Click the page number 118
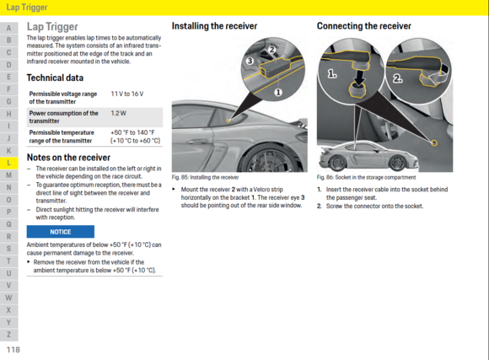pyautogui.click(x=12, y=349)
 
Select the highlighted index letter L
pyautogui.click(x=8, y=162)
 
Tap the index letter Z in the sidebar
pyautogui.click(x=8, y=335)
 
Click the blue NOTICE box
pyautogui.click(x=60, y=231)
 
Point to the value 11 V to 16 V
pyautogui.click(x=126, y=93)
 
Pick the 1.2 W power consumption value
pyautogui.click(x=118, y=112)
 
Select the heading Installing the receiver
pyautogui.click(x=214, y=26)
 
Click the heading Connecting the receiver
pyautogui.click(x=363, y=26)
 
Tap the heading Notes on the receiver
pyautogui.click(x=68, y=157)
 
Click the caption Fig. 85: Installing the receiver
pyautogui.click(x=205, y=178)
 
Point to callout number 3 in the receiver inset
pyautogui.click(x=249, y=61)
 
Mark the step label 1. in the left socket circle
pyautogui.click(x=332, y=74)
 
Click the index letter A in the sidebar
pyautogui.click(x=8, y=28)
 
